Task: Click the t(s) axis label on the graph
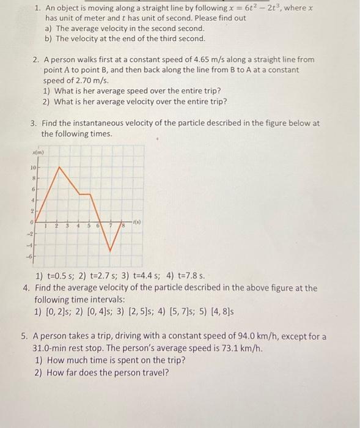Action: pos(136,221)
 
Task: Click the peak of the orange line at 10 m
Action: pos(59,167)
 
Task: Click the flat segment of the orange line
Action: pos(84,194)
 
